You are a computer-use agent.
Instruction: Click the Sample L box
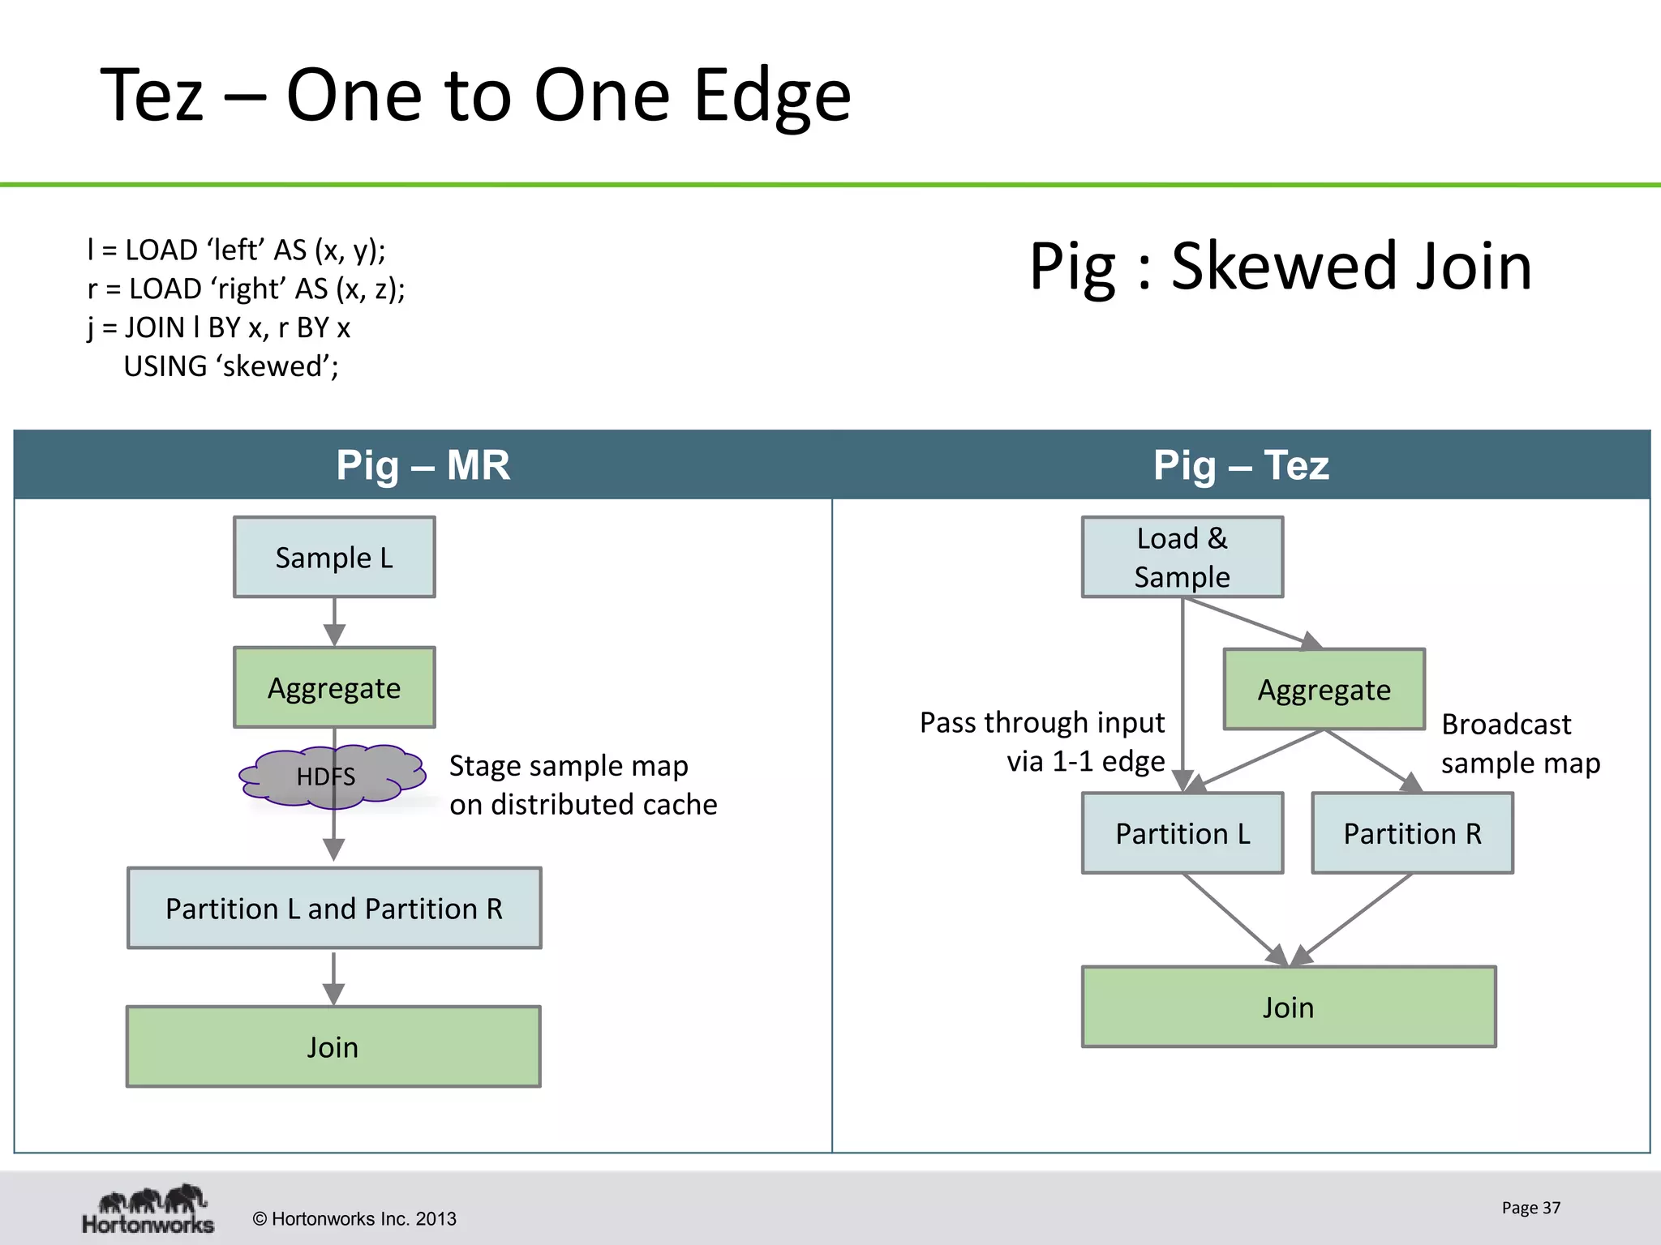pos(334,558)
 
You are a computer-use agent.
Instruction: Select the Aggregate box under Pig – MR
pos(334,687)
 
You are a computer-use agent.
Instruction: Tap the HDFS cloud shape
pos(333,777)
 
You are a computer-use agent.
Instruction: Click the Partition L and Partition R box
pos(334,909)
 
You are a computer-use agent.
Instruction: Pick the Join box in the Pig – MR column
pos(333,1047)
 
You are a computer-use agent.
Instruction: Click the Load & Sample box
pos(1182,558)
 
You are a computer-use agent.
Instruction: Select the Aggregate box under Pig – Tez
pos(1324,690)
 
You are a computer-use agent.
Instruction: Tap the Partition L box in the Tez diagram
pos(1182,833)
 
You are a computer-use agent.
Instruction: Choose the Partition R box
pos(1412,833)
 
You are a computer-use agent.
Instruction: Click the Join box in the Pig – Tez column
pos(1288,1008)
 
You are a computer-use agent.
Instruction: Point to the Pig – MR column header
pos(423,465)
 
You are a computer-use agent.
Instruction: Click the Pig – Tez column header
pos(1241,465)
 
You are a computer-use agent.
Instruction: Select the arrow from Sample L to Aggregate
pos(334,622)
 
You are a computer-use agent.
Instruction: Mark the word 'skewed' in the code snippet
pos(276,366)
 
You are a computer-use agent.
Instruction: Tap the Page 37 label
pos(1530,1208)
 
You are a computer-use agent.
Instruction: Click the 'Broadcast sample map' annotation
pos(1520,744)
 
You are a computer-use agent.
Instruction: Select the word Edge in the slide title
pos(771,96)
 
